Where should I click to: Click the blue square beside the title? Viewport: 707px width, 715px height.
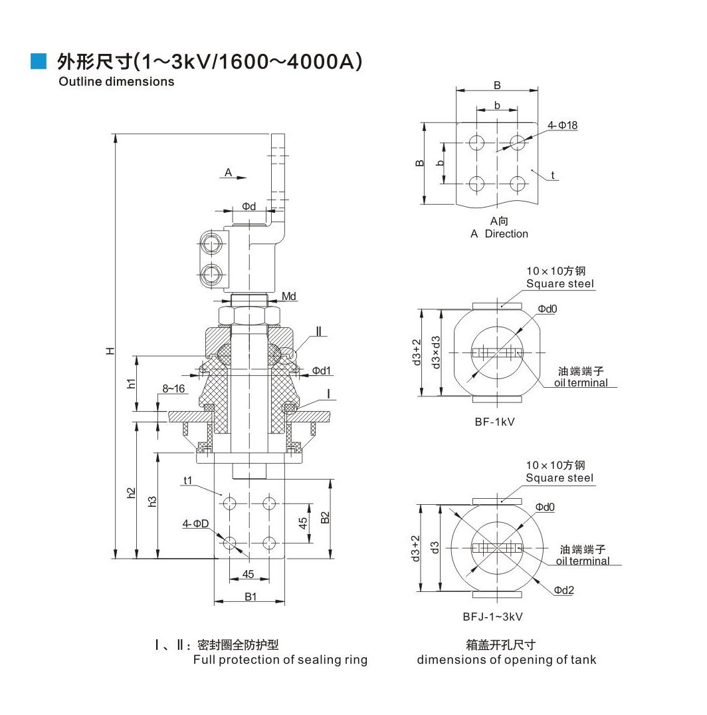tap(39, 61)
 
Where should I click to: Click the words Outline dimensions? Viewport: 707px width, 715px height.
tap(116, 82)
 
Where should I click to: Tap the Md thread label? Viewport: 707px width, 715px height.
tap(289, 296)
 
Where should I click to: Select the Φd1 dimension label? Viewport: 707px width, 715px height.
tap(322, 370)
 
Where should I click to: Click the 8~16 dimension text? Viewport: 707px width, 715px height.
tap(173, 388)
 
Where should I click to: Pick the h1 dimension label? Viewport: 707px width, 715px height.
tap(132, 382)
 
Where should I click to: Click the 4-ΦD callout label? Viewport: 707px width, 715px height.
tap(196, 524)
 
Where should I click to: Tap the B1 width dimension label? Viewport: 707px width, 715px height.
tap(250, 597)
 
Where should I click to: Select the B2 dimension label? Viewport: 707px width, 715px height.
tap(325, 517)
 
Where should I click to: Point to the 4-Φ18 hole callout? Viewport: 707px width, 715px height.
tap(562, 126)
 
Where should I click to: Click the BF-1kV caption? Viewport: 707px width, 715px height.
tap(496, 421)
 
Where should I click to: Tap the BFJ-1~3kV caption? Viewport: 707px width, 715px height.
tap(493, 617)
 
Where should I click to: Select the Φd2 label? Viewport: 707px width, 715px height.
tap(563, 590)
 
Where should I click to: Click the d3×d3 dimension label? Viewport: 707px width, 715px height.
tap(436, 352)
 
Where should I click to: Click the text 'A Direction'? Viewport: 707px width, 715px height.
tap(499, 234)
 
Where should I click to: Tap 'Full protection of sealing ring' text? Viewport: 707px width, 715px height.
tap(280, 660)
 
